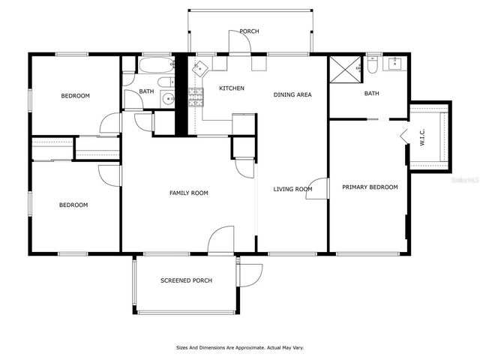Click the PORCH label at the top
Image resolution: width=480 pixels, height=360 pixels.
[x=249, y=31]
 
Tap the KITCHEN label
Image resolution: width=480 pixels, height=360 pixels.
[x=232, y=88]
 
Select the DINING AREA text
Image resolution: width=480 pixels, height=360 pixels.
[x=292, y=94]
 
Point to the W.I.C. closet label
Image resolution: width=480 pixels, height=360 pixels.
[x=422, y=139]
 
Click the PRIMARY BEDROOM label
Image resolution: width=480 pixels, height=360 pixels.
[x=370, y=187]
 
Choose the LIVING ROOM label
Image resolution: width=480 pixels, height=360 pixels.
[x=292, y=189]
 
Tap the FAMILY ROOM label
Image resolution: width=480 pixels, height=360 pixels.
[x=188, y=193]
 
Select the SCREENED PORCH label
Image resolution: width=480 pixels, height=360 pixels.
[x=186, y=280]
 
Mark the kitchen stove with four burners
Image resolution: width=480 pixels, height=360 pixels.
[x=196, y=95]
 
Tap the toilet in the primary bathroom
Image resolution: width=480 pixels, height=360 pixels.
[x=371, y=66]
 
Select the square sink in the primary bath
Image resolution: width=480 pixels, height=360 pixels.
[x=394, y=64]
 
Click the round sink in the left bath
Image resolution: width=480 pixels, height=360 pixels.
[x=169, y=98]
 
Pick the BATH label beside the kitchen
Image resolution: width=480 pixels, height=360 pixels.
[x=146, y=92]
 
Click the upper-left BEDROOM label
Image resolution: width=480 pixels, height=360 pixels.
[x=75, y=96]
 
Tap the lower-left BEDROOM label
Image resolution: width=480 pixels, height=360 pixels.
[x=73, y=205]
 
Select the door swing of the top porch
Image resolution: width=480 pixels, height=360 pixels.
[x=240, y=44]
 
